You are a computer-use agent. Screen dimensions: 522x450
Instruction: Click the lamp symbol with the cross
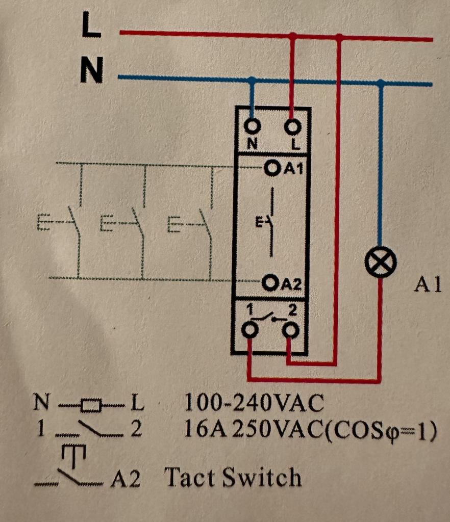381,264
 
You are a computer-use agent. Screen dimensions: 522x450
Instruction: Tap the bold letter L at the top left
92,27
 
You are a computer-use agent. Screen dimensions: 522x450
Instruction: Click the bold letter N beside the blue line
92,71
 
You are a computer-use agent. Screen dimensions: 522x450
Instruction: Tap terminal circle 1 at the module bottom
249,331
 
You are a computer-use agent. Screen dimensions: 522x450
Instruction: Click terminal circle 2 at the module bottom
291,331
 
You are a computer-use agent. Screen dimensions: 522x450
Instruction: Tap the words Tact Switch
233,478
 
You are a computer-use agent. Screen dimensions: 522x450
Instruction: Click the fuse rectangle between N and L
92,405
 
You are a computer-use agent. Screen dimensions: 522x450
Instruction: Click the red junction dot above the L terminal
292,36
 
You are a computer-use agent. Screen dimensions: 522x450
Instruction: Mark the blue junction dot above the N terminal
252,80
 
